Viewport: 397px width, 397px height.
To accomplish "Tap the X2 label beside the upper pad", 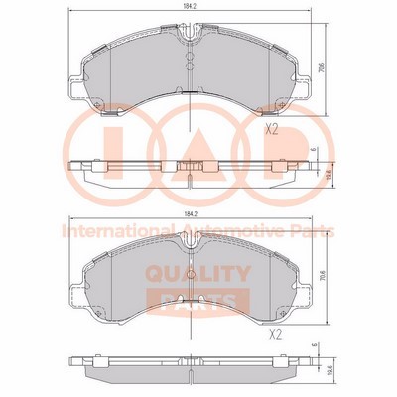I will click(x=270, y=129).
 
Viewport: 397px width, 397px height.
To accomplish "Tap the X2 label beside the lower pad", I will click(x=279, y=335).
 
